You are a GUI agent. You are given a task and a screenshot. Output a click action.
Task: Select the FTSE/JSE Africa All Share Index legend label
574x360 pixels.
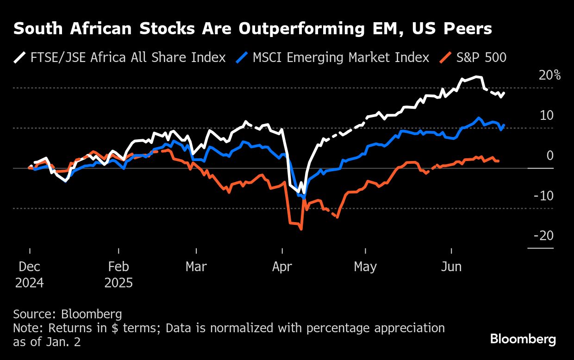128,57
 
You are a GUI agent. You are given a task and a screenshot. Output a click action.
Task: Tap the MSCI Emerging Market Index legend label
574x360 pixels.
341,57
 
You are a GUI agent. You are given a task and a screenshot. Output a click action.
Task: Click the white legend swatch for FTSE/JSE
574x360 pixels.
20,57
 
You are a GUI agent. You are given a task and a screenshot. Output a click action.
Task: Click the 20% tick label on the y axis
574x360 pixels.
549,75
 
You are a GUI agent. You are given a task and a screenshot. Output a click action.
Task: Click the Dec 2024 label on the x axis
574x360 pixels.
30,274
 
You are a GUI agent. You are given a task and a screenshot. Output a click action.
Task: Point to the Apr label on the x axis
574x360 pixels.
282,267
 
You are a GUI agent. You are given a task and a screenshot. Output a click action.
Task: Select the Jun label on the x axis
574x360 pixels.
451,267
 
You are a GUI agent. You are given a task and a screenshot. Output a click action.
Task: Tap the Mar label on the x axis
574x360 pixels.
197,267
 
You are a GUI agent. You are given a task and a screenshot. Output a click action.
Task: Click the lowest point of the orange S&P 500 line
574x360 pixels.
301,229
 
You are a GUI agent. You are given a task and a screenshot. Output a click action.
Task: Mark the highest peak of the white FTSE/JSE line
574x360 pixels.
477,77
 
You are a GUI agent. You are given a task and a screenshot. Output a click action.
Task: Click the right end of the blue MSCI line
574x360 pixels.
504,124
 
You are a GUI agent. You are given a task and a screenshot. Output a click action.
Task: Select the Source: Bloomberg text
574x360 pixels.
68,315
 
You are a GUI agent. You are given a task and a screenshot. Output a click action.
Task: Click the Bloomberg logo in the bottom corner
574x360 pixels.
523,339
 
